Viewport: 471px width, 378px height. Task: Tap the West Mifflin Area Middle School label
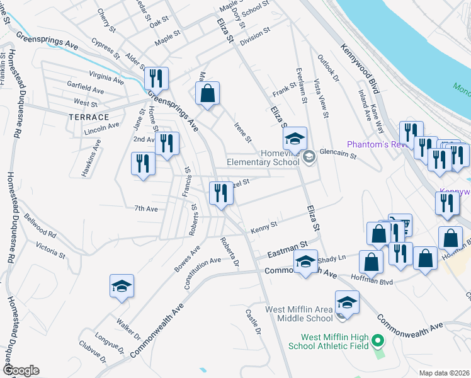point(298,314)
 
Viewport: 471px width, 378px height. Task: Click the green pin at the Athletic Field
point(378,341)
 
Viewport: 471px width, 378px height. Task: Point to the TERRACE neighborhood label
point(89,117)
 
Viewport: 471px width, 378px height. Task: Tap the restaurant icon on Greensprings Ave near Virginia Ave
point(155,79)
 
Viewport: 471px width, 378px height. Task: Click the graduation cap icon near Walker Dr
point(122,287)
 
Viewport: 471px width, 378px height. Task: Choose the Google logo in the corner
point(21,370)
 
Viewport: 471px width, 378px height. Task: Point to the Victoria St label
point(50,249)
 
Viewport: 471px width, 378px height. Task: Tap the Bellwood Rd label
point(40,225)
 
